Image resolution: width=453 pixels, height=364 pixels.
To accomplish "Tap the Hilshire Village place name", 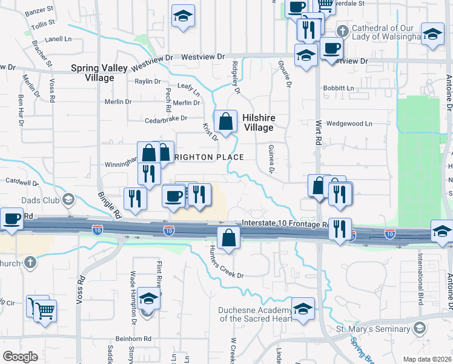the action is pyautogui.click(x=259, y=123).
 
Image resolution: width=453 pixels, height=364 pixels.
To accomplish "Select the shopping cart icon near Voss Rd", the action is pyautogui.click(x=45, y=311).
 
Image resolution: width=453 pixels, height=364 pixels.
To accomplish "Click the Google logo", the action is pyautogui.click(x=21, y=356).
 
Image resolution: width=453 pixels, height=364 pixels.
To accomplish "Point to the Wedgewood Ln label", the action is pyautogui.click(x=349, y=123).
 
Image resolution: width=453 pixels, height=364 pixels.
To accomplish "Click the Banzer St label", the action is pyautogui.click(x=39, y=10).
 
